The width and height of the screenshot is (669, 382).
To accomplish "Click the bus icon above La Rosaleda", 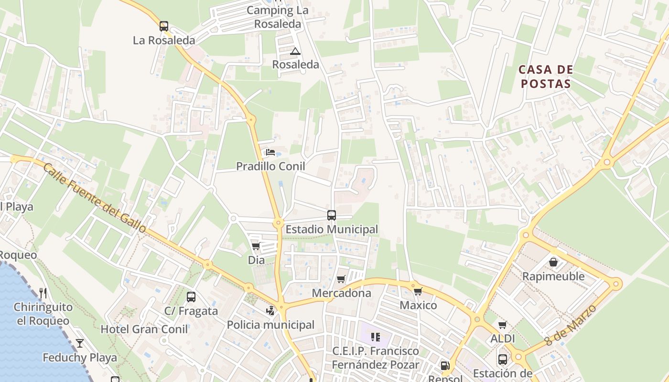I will [x=164, y=26].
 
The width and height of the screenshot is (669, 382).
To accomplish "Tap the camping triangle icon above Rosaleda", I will [x=295, y=51].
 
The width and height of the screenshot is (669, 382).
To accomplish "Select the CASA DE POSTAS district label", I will [x=545, y=76].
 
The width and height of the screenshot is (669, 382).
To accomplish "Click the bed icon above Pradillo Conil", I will [x=270, y=153].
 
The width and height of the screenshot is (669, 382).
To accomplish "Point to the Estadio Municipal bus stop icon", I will [x=332, y=215].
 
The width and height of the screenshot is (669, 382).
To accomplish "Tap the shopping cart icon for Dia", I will [x=256, y=246].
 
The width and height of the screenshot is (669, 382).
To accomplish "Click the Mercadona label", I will [x=341, y=293].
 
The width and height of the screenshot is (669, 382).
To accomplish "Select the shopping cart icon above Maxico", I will [x=418, y=291].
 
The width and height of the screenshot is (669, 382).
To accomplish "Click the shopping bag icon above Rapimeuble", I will [x=553, y=262].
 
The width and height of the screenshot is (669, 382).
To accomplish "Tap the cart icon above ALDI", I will [x=502, y=325].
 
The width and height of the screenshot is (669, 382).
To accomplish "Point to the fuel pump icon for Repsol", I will [x=445, y=366].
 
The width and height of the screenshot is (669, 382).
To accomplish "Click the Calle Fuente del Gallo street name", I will [x=95, y=198].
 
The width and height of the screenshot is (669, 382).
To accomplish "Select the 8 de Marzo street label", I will [x=571, y=325].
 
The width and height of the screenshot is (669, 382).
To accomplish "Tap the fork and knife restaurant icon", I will [x=43, y=293].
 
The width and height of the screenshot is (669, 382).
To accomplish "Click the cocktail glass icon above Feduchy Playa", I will [x=80, y=343].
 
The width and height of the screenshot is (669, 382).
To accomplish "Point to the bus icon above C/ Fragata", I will [x=191, y=297].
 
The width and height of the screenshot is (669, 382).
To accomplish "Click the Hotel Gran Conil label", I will [x=144, y=329].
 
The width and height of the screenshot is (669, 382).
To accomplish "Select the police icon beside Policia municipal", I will [x=270, y=311].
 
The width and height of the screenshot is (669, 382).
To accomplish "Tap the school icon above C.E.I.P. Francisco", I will [x=376, y=337].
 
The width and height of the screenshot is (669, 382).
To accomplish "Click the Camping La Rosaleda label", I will [x=278, y=17].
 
